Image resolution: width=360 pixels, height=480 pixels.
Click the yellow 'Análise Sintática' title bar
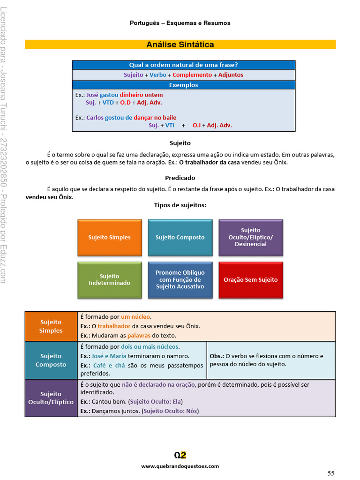click(180, 45)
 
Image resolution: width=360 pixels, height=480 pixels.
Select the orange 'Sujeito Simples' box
click(109, 237)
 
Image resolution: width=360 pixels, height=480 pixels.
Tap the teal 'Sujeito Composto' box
click(180, 237)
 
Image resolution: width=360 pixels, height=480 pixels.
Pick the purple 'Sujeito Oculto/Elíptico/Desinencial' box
click(251, 237)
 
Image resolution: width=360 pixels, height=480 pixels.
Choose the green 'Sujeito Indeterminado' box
click(109, 280)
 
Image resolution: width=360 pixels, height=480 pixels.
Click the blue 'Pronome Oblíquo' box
click(180, 280)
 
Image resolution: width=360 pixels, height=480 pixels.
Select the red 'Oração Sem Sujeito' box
click(251, 280)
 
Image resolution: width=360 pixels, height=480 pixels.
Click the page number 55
click(331, 473)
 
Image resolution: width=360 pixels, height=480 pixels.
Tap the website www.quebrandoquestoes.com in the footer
click(180, 466)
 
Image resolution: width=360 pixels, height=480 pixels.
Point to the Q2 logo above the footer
click(180, 455)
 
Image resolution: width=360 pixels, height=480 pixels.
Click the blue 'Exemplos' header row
click(184, 85)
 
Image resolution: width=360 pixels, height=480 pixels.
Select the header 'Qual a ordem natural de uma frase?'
click(184, 65)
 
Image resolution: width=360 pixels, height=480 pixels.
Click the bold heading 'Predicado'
click(180, 178)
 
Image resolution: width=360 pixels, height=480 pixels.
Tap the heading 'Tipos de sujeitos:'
click(180, 205)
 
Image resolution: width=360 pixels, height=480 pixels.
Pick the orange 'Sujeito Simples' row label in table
click(51, 326)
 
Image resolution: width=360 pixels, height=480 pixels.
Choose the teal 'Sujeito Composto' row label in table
click(51, 360)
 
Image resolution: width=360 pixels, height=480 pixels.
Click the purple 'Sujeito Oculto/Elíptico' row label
click(51, 398)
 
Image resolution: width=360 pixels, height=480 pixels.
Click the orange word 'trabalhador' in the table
click(114, 326)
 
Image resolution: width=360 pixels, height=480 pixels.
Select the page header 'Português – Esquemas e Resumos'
click(180, 23)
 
